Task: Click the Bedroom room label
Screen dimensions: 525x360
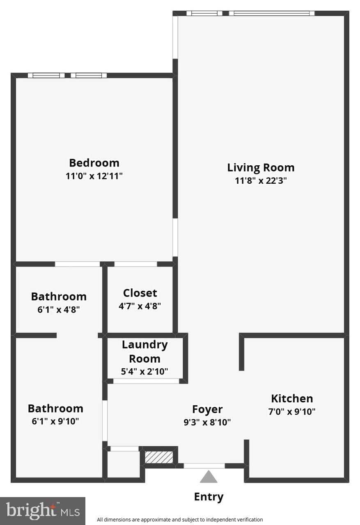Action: [x=94, y=163]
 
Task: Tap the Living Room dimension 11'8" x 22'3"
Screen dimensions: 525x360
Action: [x=261, y=180]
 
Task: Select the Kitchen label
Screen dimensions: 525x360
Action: [x=292, y=398]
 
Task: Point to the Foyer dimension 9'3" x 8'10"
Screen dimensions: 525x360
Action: [x=207, y=422]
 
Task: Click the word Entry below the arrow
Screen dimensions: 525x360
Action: [x=209, y=497]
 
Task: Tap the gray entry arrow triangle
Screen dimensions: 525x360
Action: [x=209, y=477]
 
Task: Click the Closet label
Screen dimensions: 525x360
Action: [x=140, y=293]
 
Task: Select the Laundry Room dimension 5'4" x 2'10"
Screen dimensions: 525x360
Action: [x=144, y=372]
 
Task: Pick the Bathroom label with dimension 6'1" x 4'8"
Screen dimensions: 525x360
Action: [x=59, y=296]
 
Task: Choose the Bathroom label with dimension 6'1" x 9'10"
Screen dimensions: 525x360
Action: [x=55, y=408]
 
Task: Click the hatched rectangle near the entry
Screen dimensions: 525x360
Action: [x=159, y=457]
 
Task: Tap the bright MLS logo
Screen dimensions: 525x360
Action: [x=43, y=511]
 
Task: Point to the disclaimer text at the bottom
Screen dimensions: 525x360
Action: [x=180, y=519]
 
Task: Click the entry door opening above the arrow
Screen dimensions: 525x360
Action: [x=204, y=466]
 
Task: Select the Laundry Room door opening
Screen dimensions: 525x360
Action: [x=146, y=381]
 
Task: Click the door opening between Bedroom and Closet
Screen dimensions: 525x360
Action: [x=135, y=264]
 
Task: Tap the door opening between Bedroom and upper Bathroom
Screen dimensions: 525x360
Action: [x=78, y=264]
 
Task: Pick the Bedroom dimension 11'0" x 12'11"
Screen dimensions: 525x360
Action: [x=94, y=176]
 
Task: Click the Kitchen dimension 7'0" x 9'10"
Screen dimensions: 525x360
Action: [x=292, y=411]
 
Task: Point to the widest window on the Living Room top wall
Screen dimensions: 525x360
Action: [x=272, y=13]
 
